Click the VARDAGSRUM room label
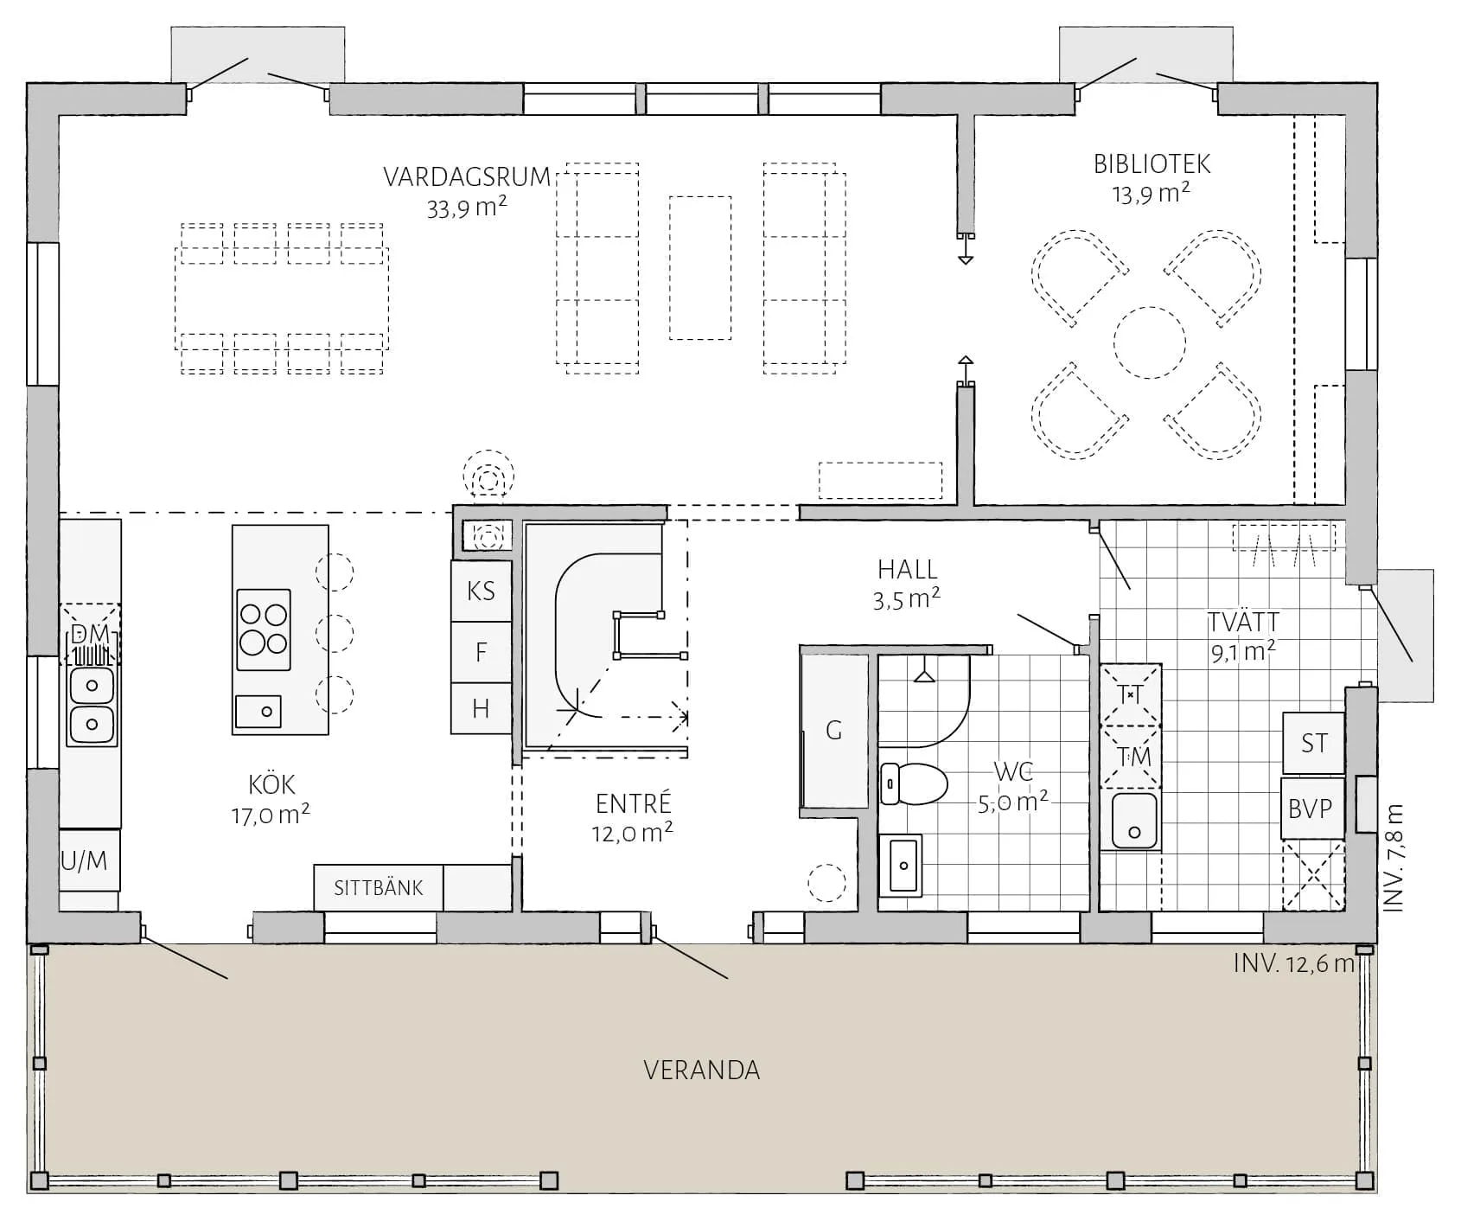click(x=467, y=177)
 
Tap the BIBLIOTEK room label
click(x=1152, y=163)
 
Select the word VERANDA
click(x=702, y=1071)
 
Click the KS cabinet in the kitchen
click(x=482, y=591)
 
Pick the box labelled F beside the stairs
click(x=482, y=652)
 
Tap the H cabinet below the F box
click(x=482, y=709)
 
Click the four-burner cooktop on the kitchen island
click(x=264, y=630)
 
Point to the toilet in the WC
click(x=913, y=783)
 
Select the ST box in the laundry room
click(x=1313, y=743)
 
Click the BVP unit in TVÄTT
click(x=1311, y=809)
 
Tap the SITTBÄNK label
click(x=379, y=888)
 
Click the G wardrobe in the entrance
click(x=834, y=731)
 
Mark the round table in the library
click(x=1149, y=342)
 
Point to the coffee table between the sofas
click(x=700, y=267)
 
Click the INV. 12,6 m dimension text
click(x=1293, y=963)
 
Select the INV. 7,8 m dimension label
click(x=1393, y=858)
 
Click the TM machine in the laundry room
click(x=1132, y=756)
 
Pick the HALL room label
click(x=908, y=569)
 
